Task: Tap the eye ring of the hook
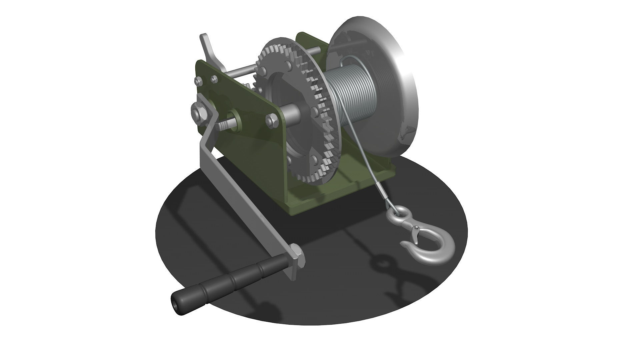click(x=397, y=213)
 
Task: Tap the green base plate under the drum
click(x=333, y=197)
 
